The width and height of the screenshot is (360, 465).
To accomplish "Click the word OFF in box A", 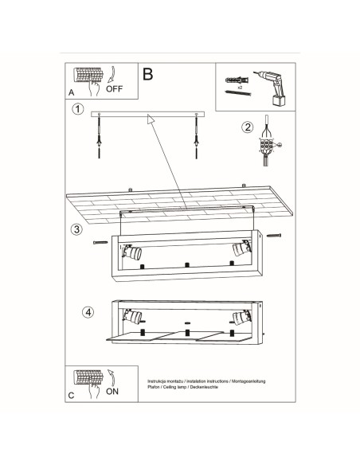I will [115, 89].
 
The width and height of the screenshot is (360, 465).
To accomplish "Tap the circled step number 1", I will [77, 109].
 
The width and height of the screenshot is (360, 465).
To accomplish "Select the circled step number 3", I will [76, 230].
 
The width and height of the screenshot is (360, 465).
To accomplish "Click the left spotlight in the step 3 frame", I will [135, 252].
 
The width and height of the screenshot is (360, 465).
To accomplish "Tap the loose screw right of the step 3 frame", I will [275, 235].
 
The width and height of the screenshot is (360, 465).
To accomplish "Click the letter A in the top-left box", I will [72, 92].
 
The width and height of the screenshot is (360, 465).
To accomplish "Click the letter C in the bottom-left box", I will [72, 396].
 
